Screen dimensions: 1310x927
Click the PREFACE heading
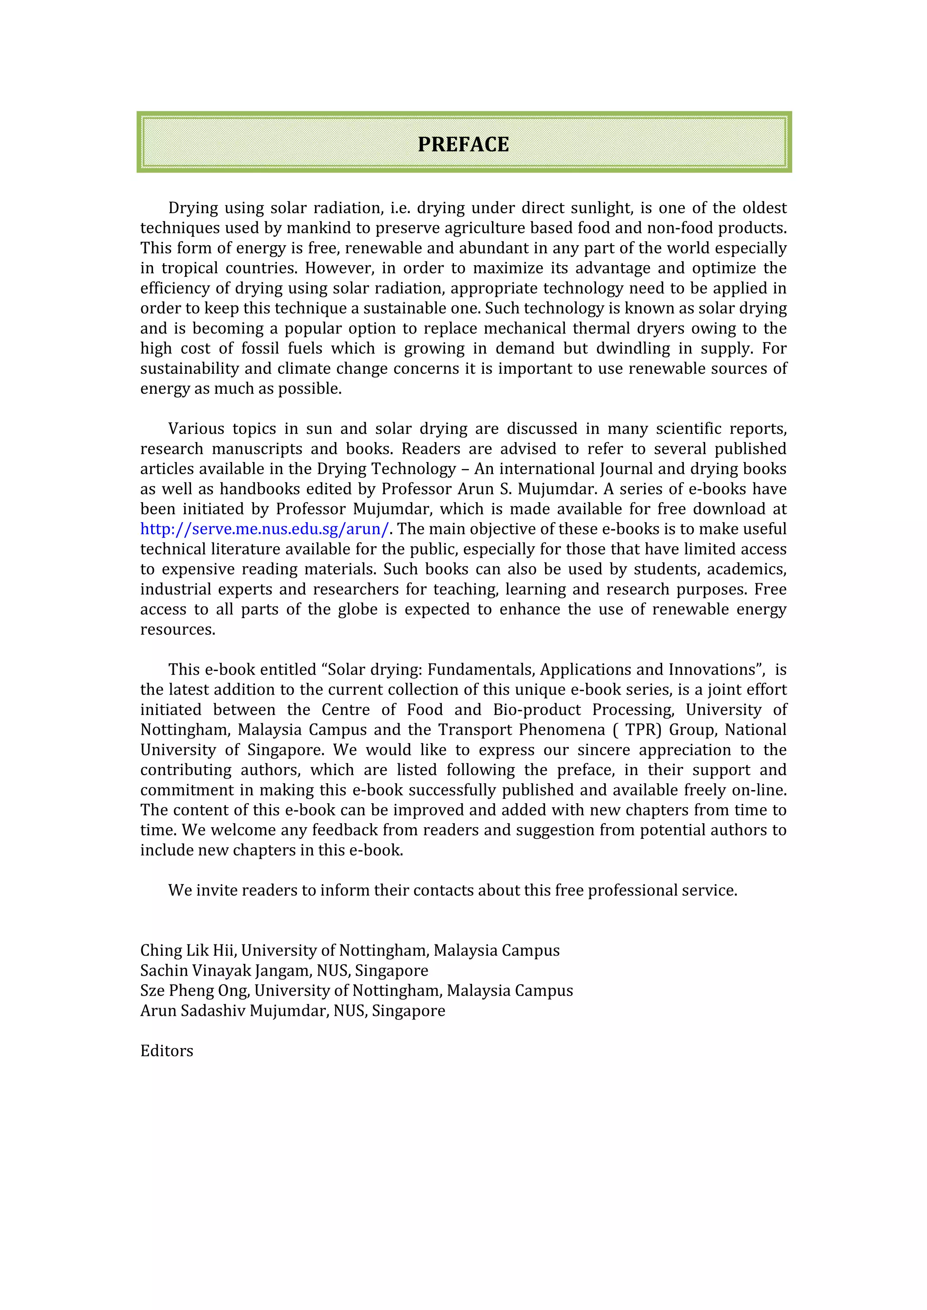(463, 144)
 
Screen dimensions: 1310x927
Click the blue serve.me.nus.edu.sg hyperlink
(264, 529)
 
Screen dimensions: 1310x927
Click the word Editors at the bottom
(167, 1050)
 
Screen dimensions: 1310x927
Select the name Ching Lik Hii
(188, 950)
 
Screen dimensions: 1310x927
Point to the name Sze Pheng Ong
(194, 990)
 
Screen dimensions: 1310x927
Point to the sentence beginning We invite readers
(452, 890)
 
